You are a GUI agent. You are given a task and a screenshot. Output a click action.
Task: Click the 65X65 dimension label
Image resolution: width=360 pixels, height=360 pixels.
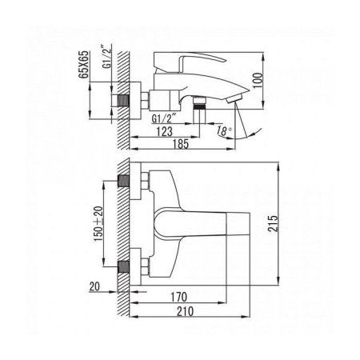pyautogui.click(x=85, y=64)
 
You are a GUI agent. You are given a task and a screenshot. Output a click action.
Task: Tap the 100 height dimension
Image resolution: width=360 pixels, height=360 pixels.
pyautogui.click(x=258, y=80)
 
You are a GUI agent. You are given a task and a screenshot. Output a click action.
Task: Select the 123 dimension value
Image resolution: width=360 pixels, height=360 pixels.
pyautogui.click(x=165, y=131)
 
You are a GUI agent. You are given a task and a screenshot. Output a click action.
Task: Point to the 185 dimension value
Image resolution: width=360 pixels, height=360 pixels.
pyautogui.click(x=181, y=144)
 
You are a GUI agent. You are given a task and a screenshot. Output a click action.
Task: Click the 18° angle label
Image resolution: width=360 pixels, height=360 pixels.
pyautogui.click(x=224, y=130)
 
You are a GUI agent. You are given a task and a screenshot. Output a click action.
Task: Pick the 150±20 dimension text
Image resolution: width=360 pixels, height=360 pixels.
pyautogui.click(x=98, y=224)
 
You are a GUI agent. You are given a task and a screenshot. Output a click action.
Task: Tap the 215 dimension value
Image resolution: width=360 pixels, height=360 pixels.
pyautogui.click(x=273, y=223)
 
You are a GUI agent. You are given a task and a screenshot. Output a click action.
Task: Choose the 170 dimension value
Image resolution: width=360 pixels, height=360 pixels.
pyautogui.click(x=178, y=297)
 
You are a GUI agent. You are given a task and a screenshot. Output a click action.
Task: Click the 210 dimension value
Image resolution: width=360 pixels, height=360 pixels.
pyautogui.click(x=185, y=311)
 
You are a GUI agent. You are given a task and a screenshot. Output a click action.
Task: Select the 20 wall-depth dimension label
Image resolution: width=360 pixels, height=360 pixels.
pyautogui.click(x=94, y=286)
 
